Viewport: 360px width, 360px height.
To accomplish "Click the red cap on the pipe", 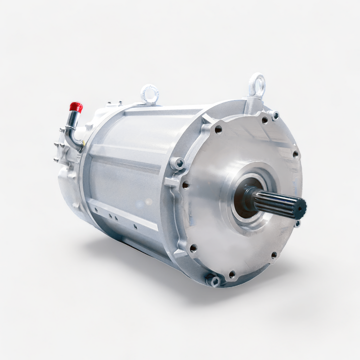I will click(x=75, y=106).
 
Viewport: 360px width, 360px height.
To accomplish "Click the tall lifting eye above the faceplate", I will click(x=257, y=85).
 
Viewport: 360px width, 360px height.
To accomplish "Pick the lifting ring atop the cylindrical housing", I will click(x=149, y=93).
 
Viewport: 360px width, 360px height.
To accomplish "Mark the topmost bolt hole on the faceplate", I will click(x=264, y=120).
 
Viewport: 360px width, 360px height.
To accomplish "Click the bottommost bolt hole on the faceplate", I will click(x=231, y=274).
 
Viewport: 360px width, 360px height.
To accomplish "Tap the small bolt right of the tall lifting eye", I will click(x=275, y=115).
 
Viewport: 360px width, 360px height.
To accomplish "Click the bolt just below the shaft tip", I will click(x=297, y=223).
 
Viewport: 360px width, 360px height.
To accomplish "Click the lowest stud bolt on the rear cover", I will click(x=56, y=159).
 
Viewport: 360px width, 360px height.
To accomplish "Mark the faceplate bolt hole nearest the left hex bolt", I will click(x=185, y=185).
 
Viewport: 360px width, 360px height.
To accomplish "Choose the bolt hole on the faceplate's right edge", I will click(x=295, y=154).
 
